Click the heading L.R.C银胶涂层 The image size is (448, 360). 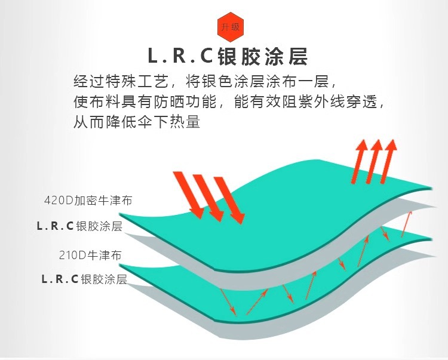pyautogui.click(x=227, y=56)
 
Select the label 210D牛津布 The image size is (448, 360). pyautogui.click(x=90, y=255)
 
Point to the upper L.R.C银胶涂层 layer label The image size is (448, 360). pyautogui.click(x=79, y=226)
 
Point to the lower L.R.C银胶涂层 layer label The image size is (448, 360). pyautogui.click(x=84, y=279)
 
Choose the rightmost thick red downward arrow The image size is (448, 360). pyautogui.click(x=231, y=200)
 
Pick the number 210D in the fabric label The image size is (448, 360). pyautogui.click(x=73, y=255)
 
